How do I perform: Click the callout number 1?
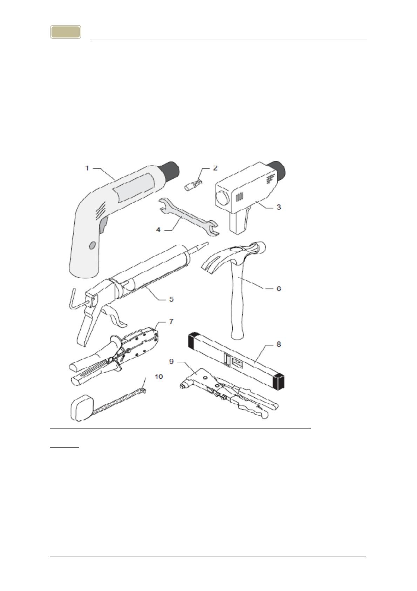87,168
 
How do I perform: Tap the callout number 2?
215,168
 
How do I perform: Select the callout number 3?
279,207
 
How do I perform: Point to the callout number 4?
158,230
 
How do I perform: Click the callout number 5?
171,299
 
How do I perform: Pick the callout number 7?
171,321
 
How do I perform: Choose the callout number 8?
279,344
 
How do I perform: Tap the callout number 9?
171,361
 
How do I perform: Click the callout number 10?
159,376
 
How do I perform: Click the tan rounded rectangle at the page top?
66,32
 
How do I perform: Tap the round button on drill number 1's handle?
92,245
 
